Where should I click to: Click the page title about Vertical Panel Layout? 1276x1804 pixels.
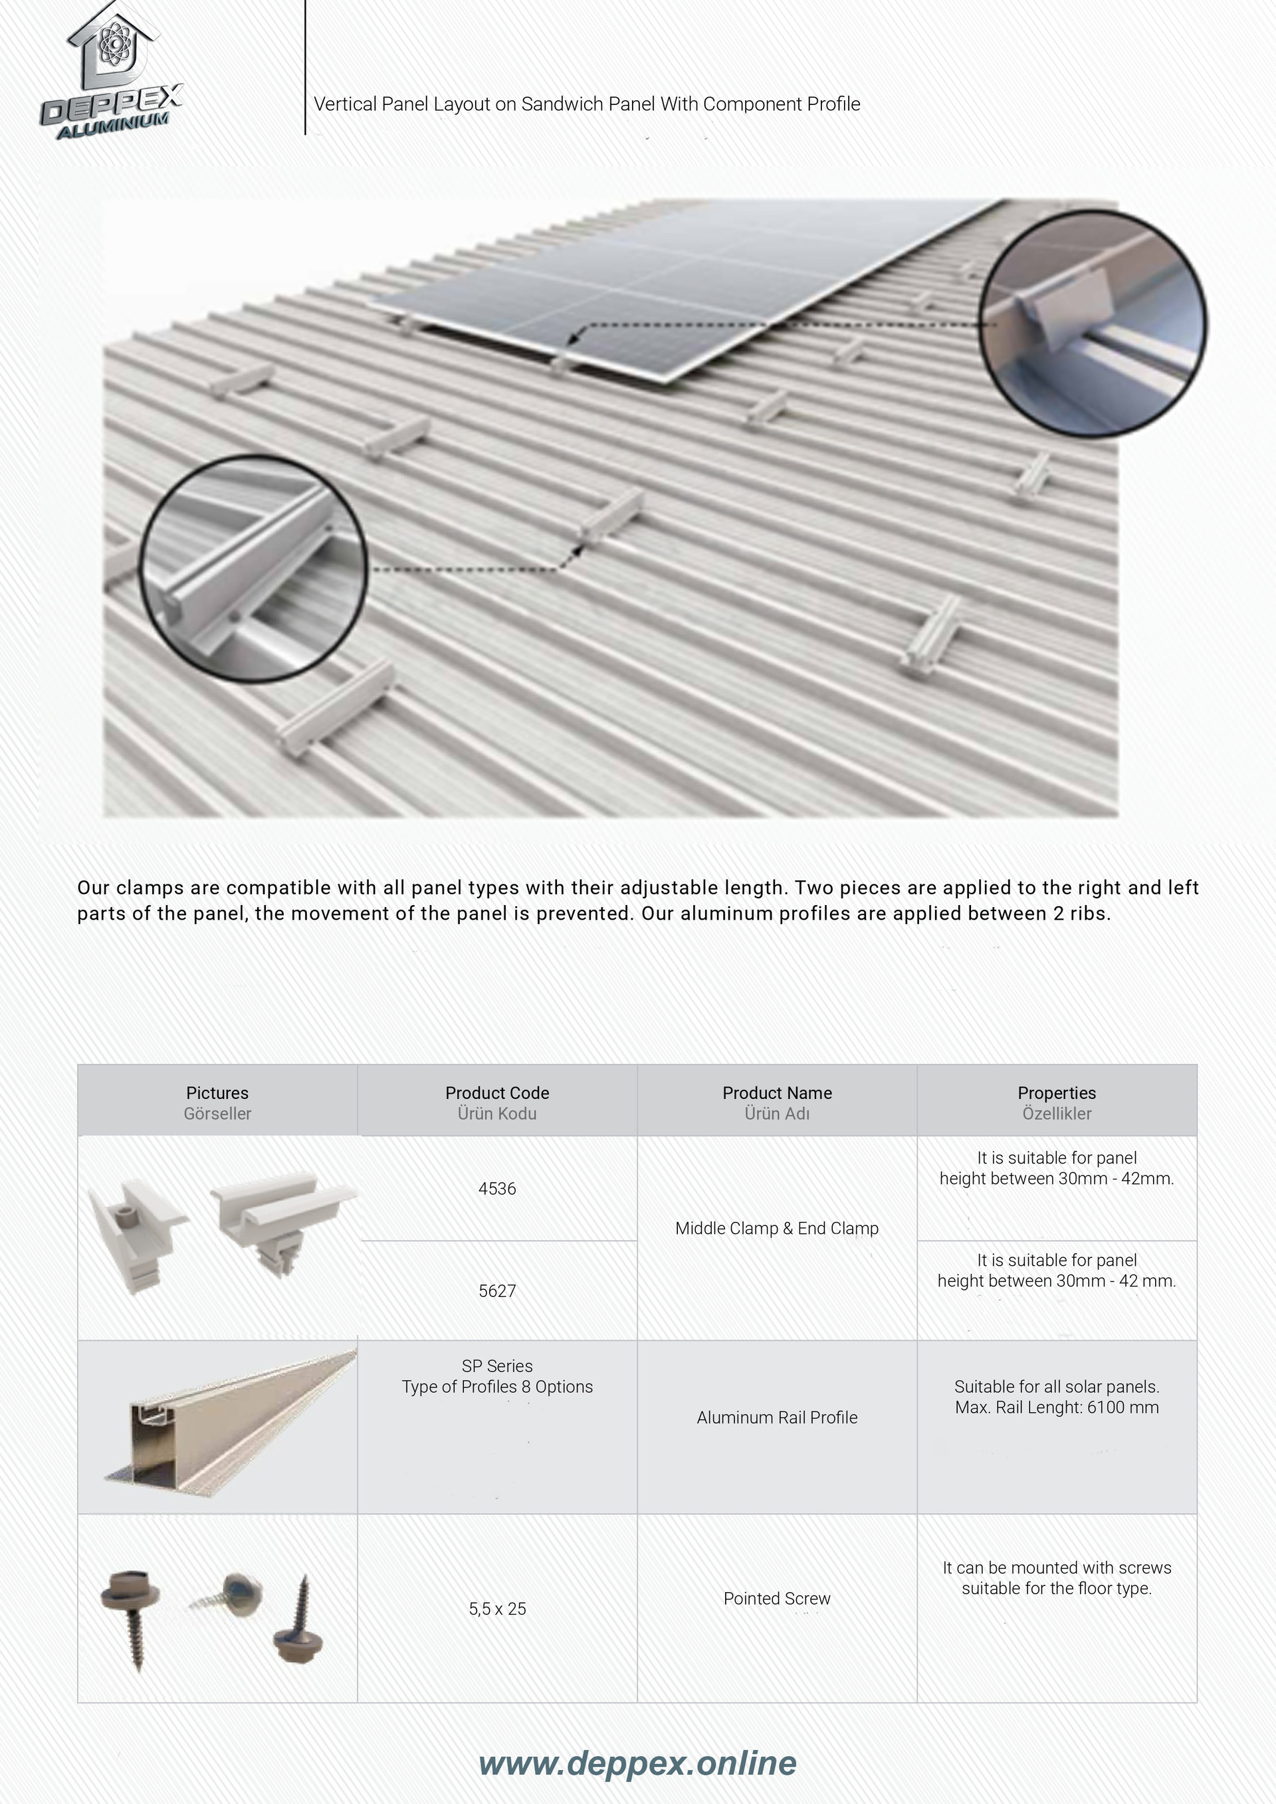(586, 104)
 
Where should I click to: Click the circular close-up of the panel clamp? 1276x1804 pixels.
(1092, 323)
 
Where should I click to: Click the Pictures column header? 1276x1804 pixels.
(217, 1102)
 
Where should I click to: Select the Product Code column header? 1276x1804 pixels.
(496, 1102)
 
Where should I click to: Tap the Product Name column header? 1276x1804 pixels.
(776, 1102)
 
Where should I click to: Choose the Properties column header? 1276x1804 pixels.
(1056, 1102)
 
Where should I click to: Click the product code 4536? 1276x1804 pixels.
(496, 1188)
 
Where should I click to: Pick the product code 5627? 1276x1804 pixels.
(496, 1290)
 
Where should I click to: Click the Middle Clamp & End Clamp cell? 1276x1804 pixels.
(776, 1228)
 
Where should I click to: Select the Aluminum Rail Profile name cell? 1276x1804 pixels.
(776, 1417)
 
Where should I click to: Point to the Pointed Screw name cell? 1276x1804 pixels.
(776, 1598)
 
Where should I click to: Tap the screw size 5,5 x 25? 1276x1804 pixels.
(496, 1609)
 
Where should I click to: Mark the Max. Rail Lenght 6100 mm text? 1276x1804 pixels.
(1056, 1407)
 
